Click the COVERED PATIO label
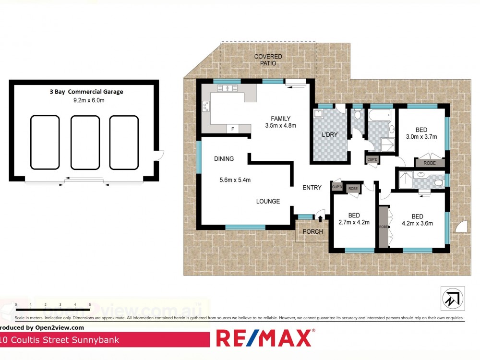tap(268, 60)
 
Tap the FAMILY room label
tap(281, 119)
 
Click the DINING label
tap(224, 159)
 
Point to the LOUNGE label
tap(267, 201)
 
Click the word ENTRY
tap(312, 188)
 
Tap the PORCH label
tap(312, 232)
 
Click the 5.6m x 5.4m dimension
tap(235, 180)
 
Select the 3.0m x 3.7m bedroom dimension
tap(421, 137)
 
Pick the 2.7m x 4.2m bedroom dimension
tap(354, 222)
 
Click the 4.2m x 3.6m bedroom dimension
tap(417, 223)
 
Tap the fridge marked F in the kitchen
tap(232, 129)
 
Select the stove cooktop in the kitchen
tap(206, 106)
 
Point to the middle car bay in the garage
tap(85, 142)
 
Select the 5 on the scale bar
tap(90, 305)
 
